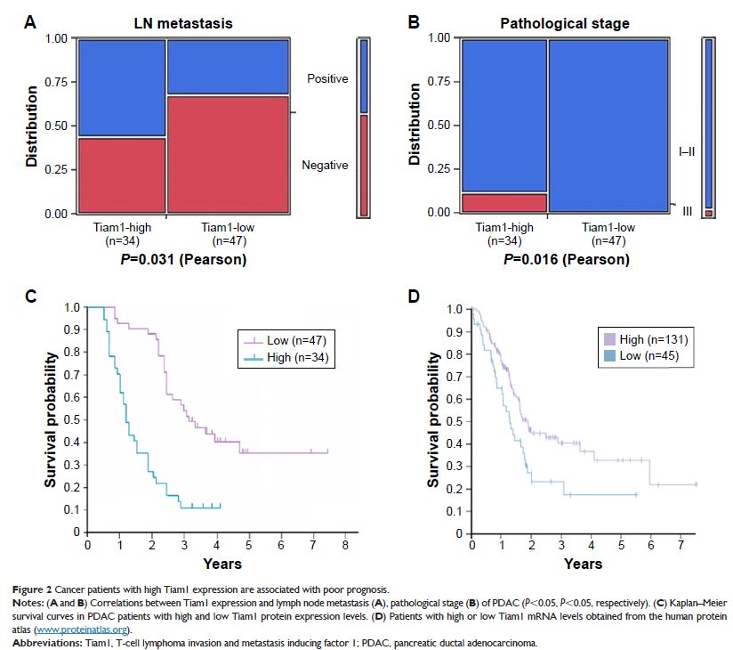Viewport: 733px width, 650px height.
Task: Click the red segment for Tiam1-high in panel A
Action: [121, 175]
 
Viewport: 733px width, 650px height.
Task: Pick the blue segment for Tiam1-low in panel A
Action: [227, 67]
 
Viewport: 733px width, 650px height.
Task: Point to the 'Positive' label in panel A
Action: [327, 79]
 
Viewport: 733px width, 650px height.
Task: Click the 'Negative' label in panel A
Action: [326, 166]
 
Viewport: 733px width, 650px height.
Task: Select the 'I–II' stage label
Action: [687, 152]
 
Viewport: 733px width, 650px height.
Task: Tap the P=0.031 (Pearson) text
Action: [185, 260]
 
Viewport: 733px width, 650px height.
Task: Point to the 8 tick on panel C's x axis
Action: [345, 543]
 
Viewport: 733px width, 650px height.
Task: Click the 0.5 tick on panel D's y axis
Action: [460, 421]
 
